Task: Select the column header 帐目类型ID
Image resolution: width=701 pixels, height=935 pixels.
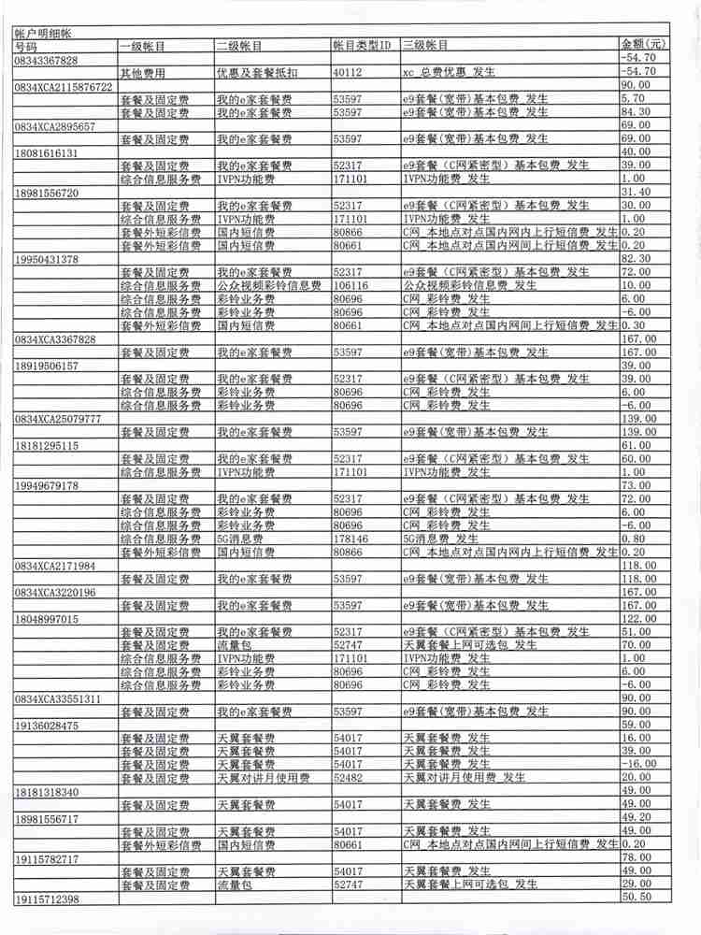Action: (363, 46)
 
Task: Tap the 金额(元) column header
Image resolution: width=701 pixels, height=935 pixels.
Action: (644, 45)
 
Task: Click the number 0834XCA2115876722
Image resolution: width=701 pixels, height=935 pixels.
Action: (63, 86)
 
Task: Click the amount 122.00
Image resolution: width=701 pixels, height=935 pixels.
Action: (639, 619)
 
